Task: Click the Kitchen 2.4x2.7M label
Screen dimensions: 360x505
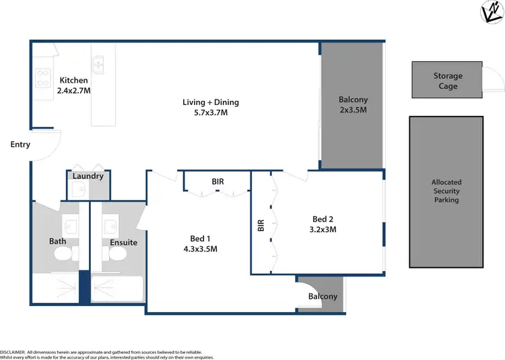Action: (73, 85)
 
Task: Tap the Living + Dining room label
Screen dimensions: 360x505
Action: (211, 108)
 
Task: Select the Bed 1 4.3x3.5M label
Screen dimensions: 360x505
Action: (200, 244)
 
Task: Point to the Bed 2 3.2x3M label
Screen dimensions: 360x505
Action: (323, 224)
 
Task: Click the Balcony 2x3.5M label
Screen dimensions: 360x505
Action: (353, 104)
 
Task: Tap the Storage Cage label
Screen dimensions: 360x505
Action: (448, 81)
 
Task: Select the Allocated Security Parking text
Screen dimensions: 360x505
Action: (446, 191)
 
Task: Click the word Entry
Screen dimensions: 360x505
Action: (20, 144)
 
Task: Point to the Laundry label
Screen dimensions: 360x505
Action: (88, 176)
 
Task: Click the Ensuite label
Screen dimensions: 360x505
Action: (123, 242)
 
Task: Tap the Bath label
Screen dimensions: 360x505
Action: (57, 241)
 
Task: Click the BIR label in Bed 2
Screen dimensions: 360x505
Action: (261, 226)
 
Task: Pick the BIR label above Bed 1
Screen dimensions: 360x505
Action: (217, 182)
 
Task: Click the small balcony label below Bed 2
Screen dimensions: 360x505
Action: (323, 297)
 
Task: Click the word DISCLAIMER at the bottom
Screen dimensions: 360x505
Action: (12, 352)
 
